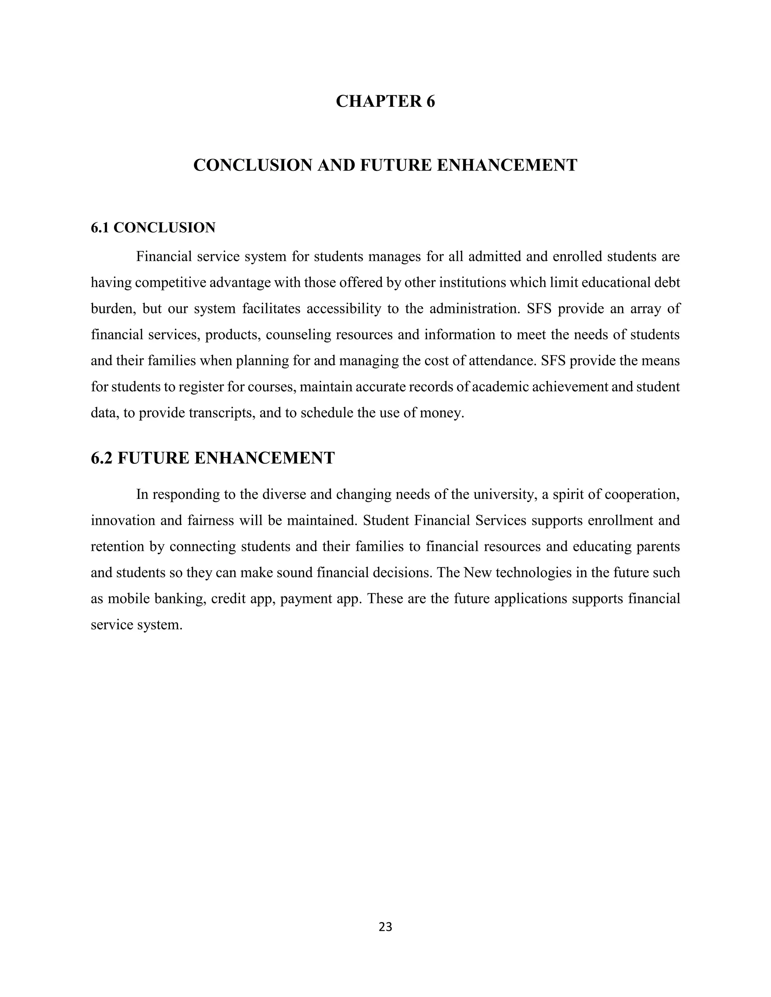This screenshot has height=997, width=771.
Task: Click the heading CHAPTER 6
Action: (385, 101)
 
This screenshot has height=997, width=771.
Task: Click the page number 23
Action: (385, 926)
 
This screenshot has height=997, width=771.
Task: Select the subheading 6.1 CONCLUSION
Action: (153, 227)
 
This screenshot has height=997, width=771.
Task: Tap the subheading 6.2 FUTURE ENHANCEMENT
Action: (213, 458)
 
